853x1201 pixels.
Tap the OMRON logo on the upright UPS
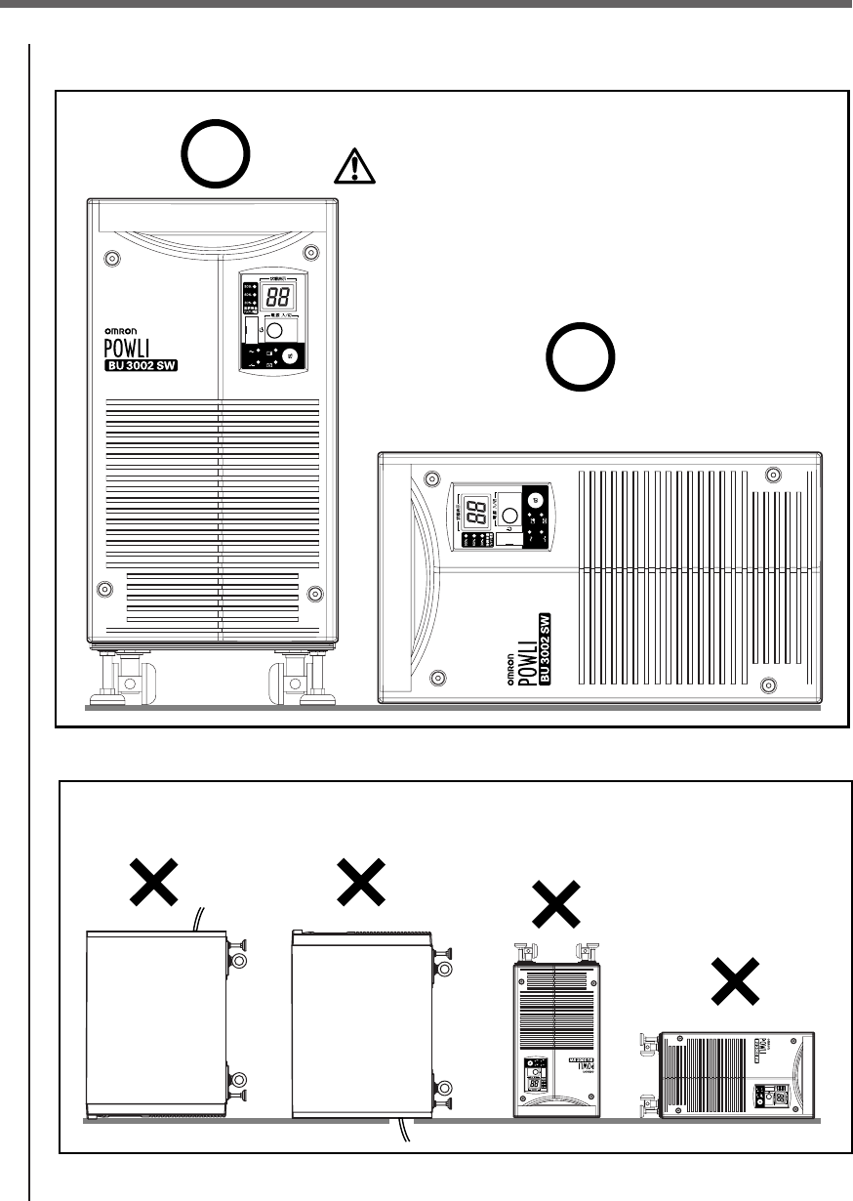[129, 331]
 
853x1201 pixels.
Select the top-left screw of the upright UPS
[110, 261]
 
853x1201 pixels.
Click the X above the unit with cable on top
[158, 885]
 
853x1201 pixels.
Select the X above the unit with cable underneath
[360, 885]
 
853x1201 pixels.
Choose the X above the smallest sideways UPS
[734, 981]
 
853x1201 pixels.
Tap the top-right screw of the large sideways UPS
[773, 475]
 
